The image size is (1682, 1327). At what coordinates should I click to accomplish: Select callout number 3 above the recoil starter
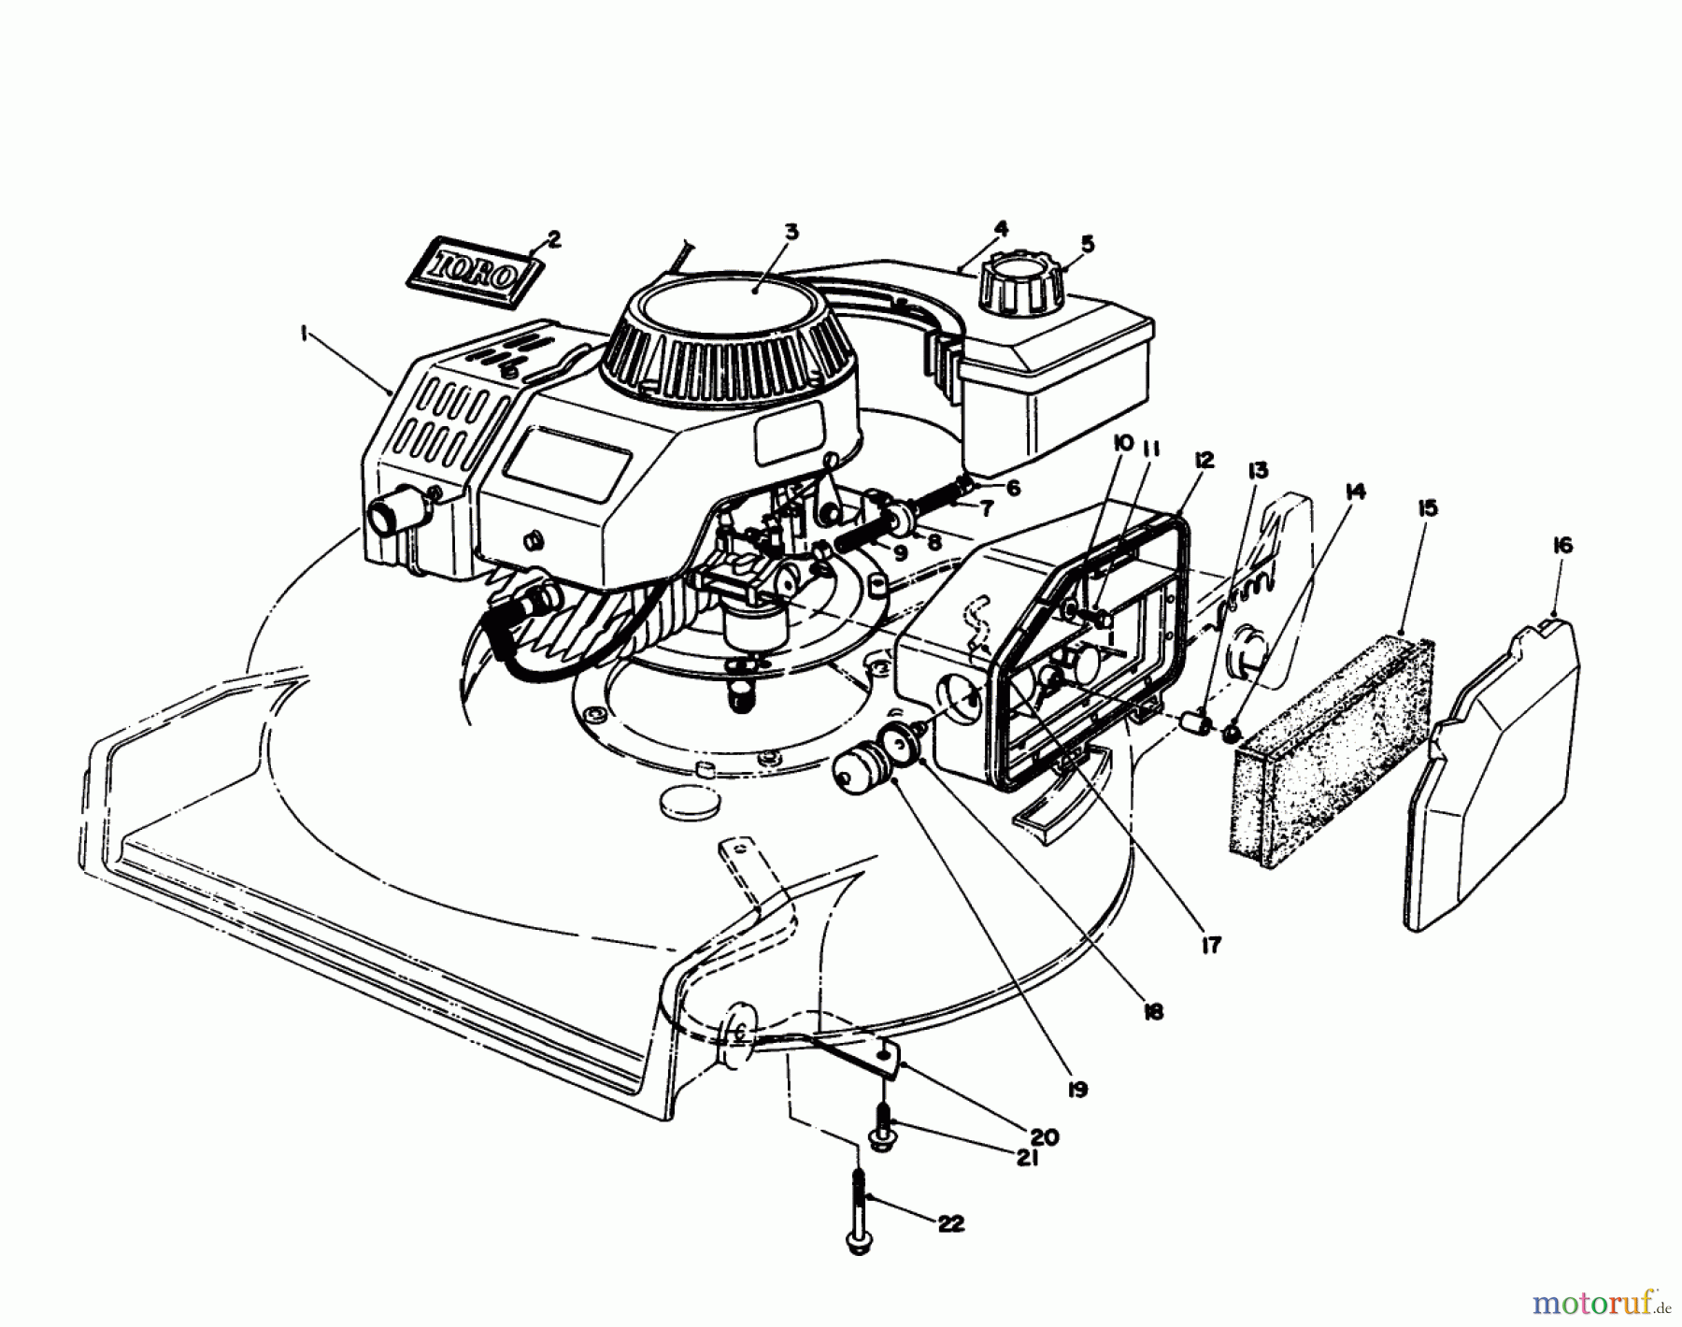coord(791,232)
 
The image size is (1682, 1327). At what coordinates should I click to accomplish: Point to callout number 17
coord(1211,946)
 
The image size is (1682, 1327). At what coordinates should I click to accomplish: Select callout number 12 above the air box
coord(1203,460)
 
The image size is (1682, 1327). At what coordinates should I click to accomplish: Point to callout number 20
coord(1044,1137)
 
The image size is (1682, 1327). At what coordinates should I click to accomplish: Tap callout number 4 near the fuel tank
coord(1000,228)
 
